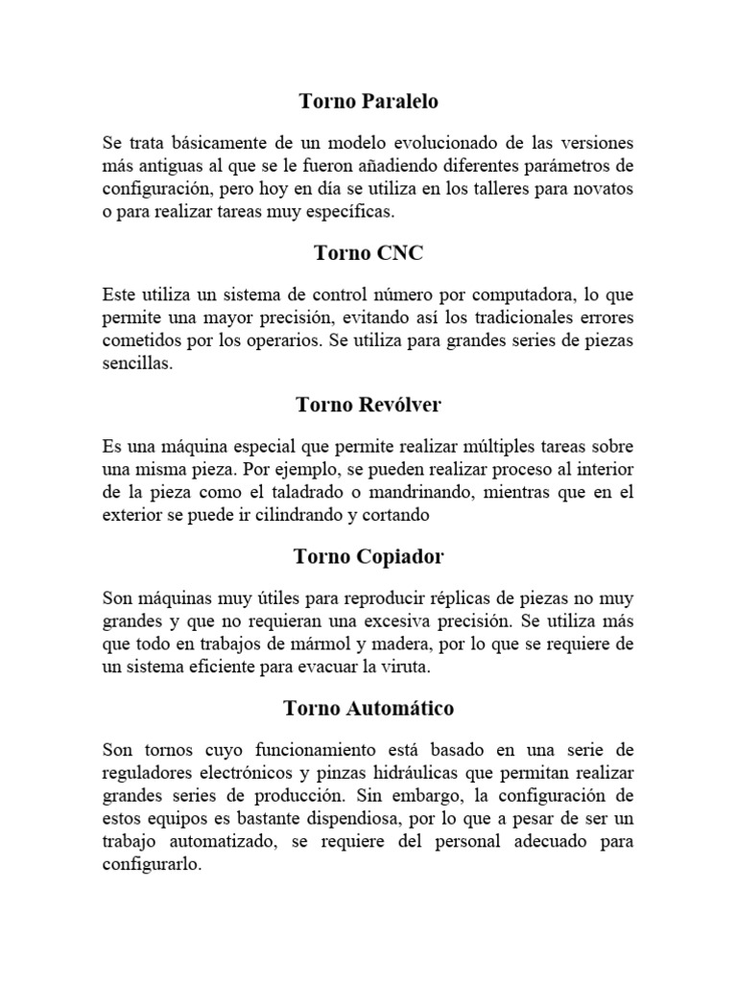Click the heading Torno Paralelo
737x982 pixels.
[x=368, y=101]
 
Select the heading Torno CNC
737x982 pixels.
[x=368, y=253]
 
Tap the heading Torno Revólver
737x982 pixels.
[x=368, y=405]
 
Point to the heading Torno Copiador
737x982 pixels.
[x=368, y=556]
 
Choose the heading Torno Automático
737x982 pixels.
[x=368, y=709]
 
